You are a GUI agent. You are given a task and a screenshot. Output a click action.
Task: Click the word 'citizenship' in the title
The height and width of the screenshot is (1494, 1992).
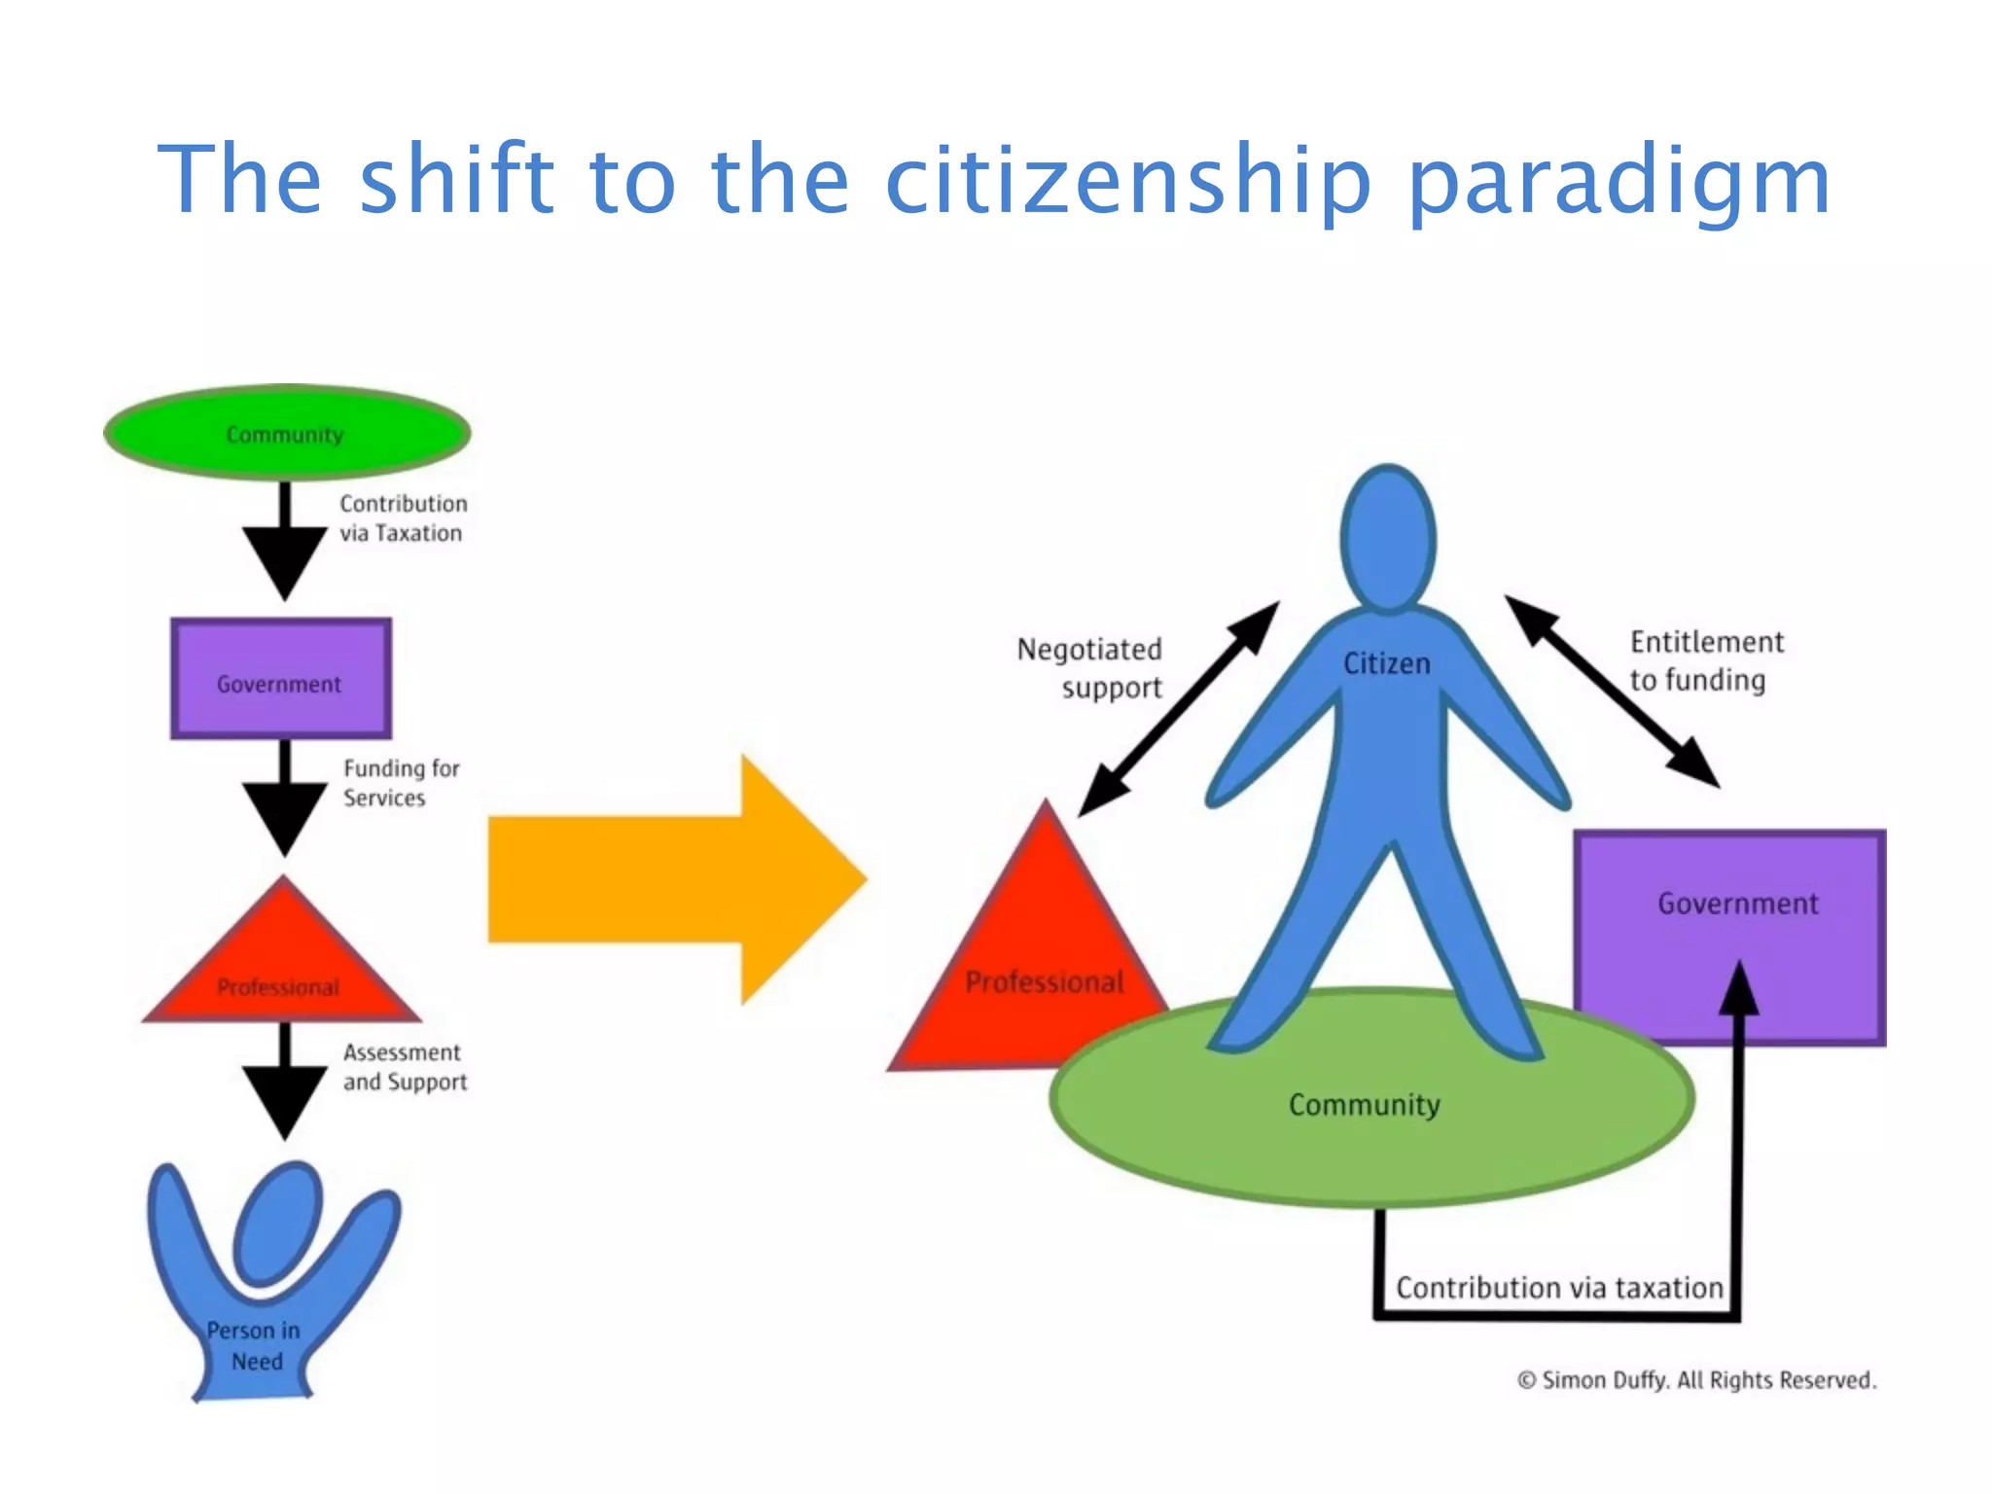[1128, 180]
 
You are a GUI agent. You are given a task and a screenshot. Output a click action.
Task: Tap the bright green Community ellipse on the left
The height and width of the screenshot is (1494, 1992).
[287, 433]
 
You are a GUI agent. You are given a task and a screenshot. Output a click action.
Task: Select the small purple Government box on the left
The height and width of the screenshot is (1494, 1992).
[281, 679]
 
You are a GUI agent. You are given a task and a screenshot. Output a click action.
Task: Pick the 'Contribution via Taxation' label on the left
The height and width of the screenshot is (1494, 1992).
[403, 518]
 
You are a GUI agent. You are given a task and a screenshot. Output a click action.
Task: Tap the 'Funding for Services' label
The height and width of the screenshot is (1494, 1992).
[400, 783]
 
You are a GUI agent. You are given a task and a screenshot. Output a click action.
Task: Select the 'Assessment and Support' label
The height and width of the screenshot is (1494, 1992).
[405, 1067]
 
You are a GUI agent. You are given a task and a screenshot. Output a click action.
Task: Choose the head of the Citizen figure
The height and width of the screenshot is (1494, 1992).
[1388, 538]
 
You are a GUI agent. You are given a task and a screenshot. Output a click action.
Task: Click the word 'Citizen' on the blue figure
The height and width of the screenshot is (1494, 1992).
[1386, 663]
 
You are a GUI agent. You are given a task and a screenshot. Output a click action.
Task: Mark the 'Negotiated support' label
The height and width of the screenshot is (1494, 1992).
[1090, 668]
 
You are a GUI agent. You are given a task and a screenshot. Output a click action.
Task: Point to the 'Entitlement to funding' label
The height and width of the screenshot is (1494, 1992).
[1706, 661]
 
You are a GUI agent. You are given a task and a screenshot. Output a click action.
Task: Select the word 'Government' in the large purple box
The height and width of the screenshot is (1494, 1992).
[1737, 904]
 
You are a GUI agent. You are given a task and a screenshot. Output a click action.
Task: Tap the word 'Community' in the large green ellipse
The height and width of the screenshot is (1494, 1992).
[1364, 1105]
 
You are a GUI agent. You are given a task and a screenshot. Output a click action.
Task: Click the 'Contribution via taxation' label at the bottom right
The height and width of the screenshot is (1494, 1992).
[1558, 1288]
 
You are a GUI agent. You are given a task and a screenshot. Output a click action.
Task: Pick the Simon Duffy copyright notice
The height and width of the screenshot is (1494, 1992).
[1696, 1380]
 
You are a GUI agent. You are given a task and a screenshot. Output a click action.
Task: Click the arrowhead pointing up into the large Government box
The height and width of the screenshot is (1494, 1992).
[1738, 987]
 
